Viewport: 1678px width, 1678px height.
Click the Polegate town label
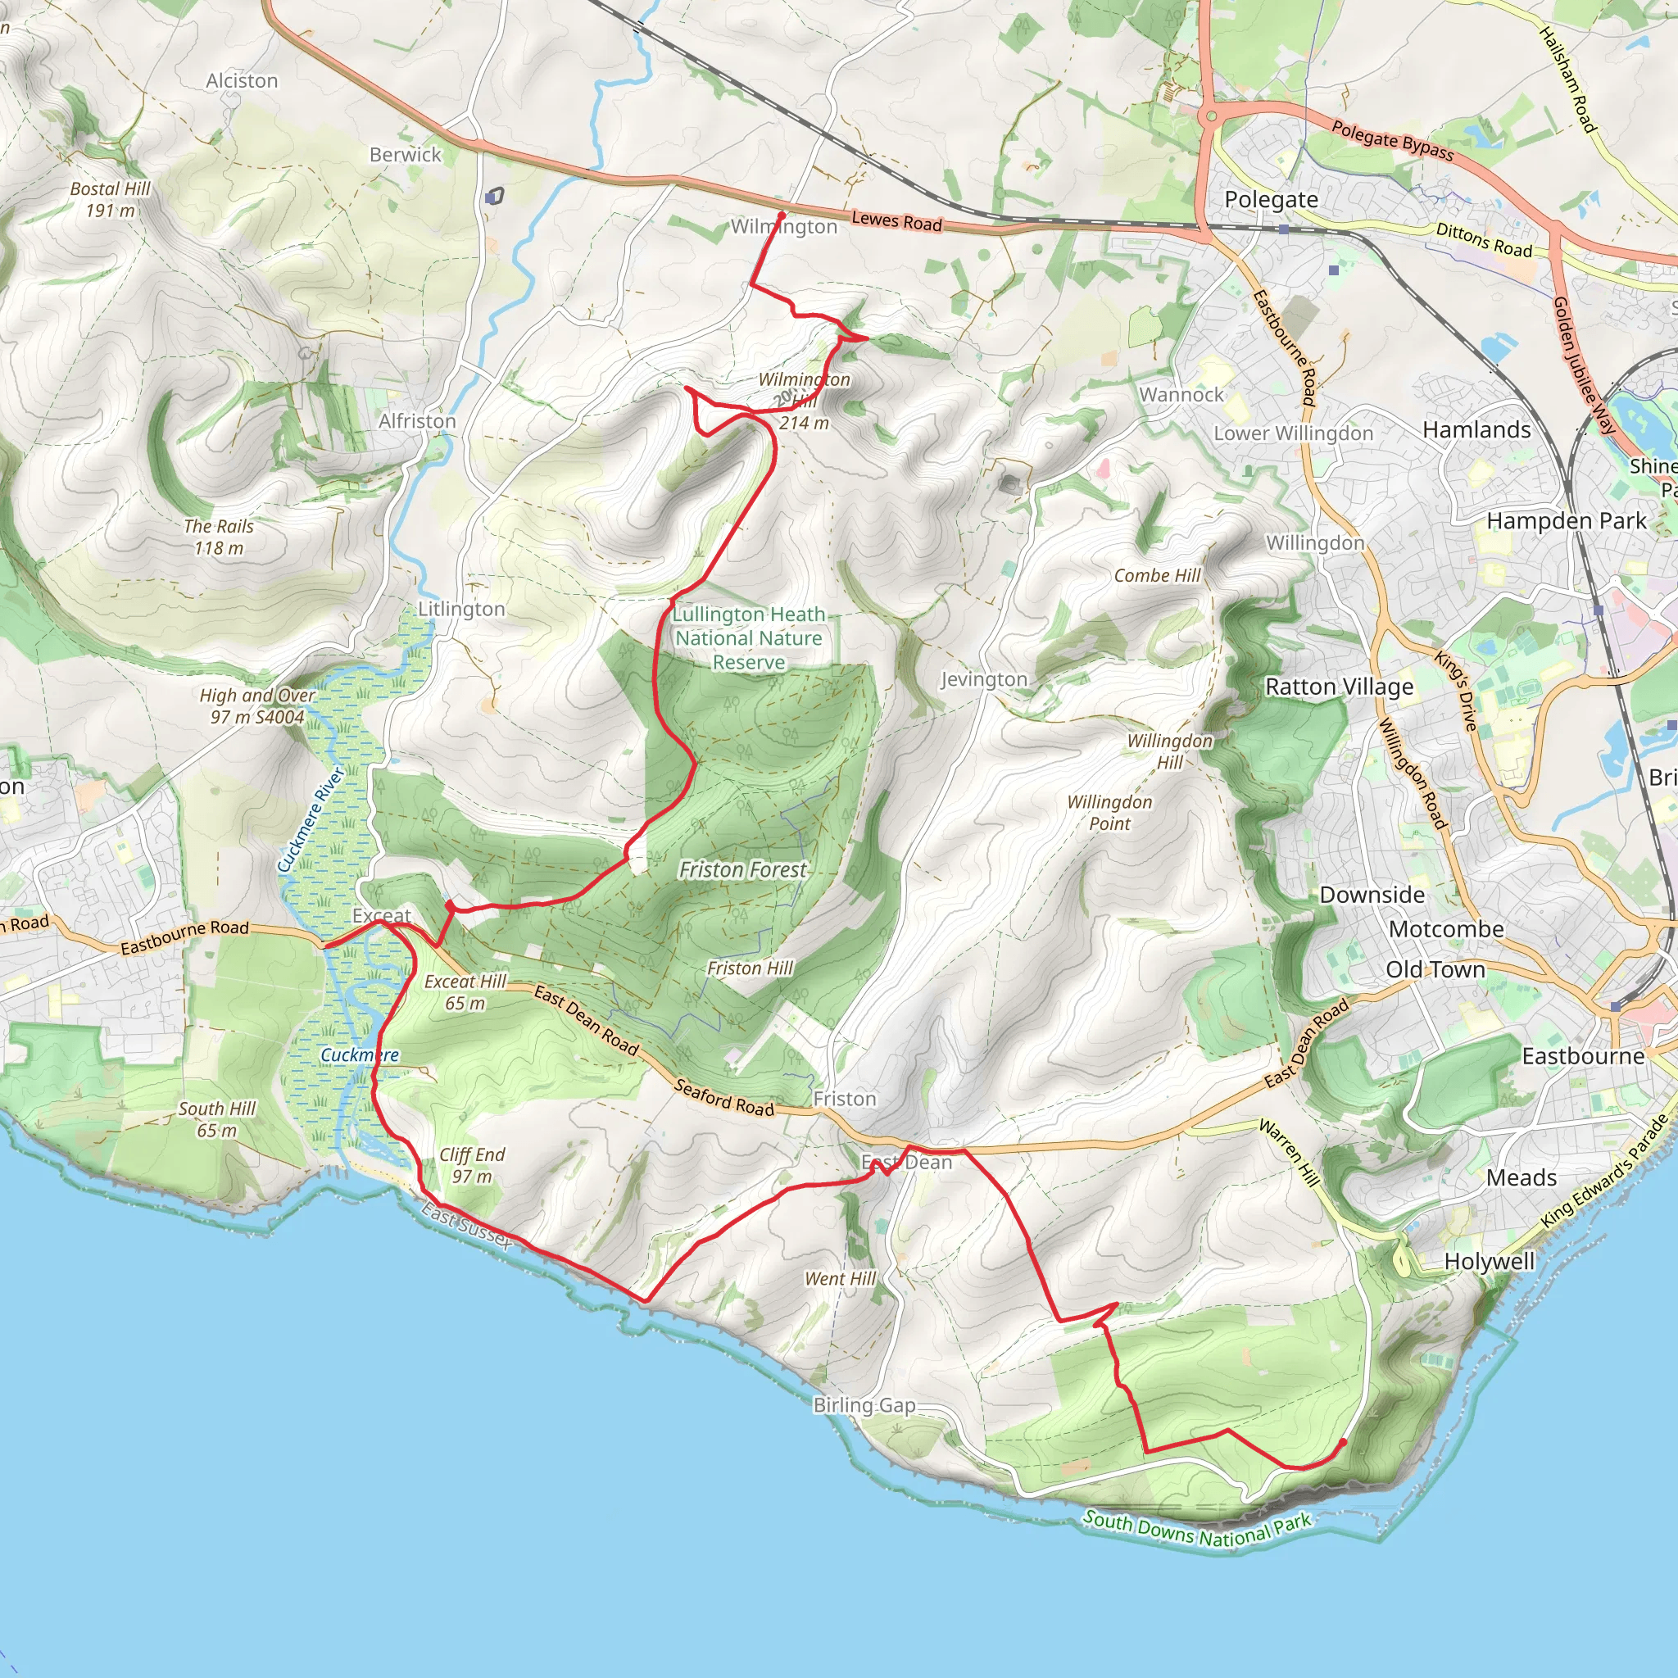pos(1271,200)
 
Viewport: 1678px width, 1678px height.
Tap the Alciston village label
pos(243,81)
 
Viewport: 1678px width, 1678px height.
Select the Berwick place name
pos(406,155)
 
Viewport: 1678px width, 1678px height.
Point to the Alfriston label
pos(417,421)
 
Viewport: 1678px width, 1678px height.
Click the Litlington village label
pos(461,609)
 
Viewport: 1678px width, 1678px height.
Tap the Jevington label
pos(984,679)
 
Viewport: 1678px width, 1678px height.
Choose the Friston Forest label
pos(743,869)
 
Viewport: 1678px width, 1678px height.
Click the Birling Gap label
pos(864,1405)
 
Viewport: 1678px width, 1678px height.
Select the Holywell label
pos(1490,1262)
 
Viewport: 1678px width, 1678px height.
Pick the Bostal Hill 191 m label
pos(111,200)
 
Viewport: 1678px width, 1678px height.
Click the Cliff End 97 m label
pos(472,1166)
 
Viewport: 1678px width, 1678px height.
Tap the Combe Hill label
pos(1157,576)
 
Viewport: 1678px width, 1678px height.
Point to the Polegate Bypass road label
pos(1392,141)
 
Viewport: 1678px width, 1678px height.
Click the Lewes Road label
pos(896,221)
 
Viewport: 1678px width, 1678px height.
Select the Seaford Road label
pos(724,1098)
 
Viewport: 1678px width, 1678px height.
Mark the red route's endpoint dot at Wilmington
pos(782,215)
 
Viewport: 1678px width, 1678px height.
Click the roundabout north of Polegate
pos(1210,116)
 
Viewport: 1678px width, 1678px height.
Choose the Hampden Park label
pos(1566,521)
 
